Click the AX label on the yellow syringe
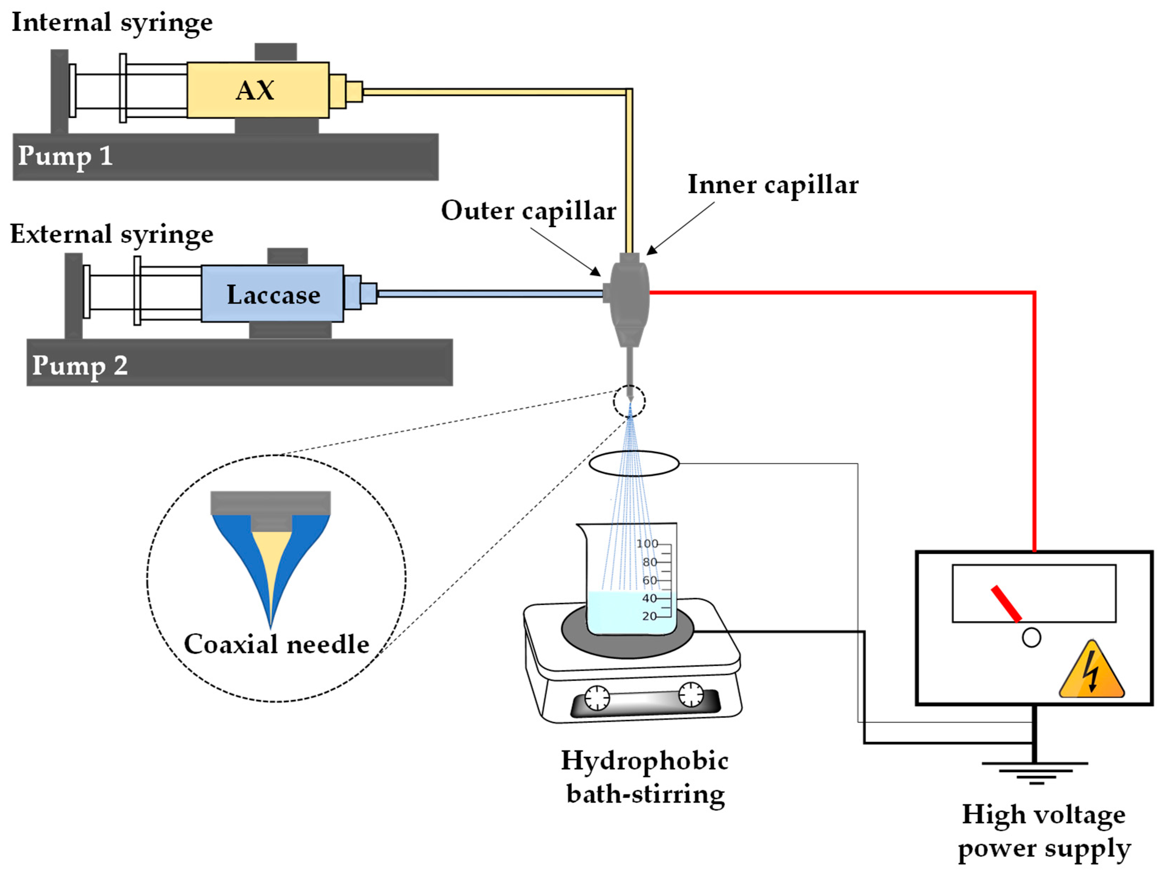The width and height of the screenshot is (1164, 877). tap(255, 90)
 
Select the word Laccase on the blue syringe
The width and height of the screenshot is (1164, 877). tap(273, 294)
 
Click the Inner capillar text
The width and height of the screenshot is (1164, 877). tap(772, 185)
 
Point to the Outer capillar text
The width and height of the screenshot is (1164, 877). tap(528, 211)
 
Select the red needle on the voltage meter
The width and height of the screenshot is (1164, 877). tap(1006, 604)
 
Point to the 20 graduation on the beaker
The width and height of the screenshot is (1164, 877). tap(649, 616)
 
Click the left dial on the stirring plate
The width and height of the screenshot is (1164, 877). tap(597, 698)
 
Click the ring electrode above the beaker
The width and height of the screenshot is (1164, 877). tap(634, 463)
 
